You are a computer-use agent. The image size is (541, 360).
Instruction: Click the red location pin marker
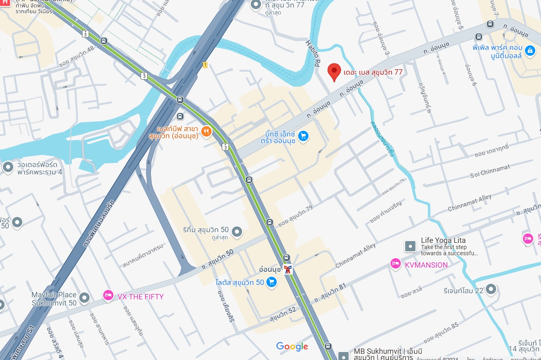tap(334, 72)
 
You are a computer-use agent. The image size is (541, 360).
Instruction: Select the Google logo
tap(292, 347)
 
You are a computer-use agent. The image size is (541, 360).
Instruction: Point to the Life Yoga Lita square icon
tap(410, 247)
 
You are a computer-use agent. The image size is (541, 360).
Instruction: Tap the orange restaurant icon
tap(206, 132)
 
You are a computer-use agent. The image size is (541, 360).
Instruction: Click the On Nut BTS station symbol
tap(288, 270)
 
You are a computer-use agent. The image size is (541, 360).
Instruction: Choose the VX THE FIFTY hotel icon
tap(108, 295)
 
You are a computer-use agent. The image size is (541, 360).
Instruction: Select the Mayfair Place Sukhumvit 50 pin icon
tap(85, 297)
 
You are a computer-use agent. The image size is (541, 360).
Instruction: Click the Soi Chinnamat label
tap(490, 171)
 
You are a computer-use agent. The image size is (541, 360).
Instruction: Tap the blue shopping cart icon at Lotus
tap(271, 282)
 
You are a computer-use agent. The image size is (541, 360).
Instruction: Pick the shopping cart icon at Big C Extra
tap(303, 136)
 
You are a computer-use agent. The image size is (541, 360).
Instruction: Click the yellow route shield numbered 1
tap(205, 65)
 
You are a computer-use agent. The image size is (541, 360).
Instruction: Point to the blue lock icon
tap(529, 50)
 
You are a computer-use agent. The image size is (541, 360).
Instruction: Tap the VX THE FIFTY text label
tap(141, 296)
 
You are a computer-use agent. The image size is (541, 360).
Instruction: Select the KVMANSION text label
tap(426, 265)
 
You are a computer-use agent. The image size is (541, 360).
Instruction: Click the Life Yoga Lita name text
tap(443, 240)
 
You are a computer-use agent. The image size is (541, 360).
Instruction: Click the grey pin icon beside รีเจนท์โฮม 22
tap(490, 289)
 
